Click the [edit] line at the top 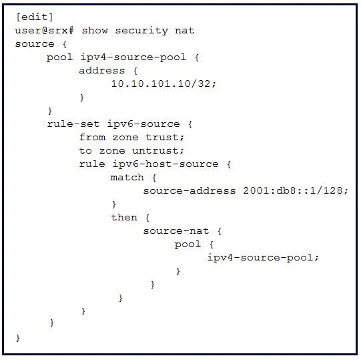coord(35,17)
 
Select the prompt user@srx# coord(45,31)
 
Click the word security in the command coord(141,31)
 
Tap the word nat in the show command coord(184,31)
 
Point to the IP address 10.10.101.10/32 coord(163,83)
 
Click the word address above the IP coord(102,71)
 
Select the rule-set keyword coord(73,124)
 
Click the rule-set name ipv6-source coord(143,124)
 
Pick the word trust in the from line coord(165,138)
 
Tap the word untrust coord(158,151)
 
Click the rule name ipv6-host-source coord(165,164)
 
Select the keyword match coord(127,177)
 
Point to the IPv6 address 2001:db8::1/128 coord(296,190)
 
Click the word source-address coord(190,190)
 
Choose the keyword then coord(124,217)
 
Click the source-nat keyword coord(176,230)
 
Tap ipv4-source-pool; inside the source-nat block coord(263,258)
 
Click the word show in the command coord(95,31)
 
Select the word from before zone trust coord(92,138)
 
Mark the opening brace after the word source coord(65,44)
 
